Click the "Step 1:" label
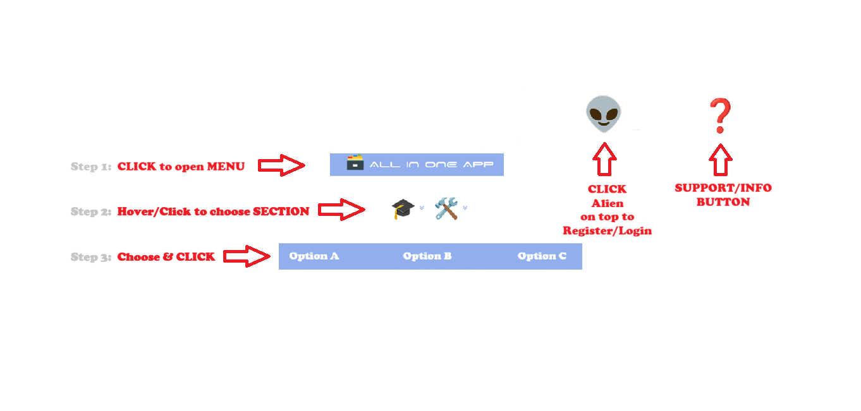coord(91,167)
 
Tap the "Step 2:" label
coord(91,211)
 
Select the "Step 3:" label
coord(91,257)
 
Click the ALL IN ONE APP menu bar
coord(417,165)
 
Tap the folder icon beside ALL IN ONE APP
coord(355,163)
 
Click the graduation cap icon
coord(402,208)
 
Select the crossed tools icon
coord(446,208)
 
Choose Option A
coord(314,256)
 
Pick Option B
coord(427,256)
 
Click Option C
coord(542,256)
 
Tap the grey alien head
coord(603,114)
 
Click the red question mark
coord(719,116)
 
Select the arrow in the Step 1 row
coord(281,165)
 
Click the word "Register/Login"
coord(607,230)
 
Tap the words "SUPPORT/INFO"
coord(723,188)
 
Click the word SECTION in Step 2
coord(281,211)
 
